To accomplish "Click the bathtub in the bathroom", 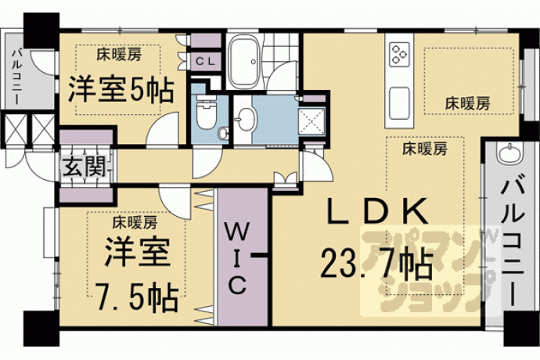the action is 244,62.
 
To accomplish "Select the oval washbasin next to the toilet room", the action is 246,120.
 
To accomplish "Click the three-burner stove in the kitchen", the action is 399,54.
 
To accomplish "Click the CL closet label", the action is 205,61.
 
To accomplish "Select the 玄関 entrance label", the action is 85,167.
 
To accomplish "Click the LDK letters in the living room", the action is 378,211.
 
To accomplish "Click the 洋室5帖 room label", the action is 121,89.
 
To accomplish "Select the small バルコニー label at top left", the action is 16,77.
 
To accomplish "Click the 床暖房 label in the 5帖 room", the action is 119,55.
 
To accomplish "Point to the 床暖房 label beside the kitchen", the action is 467,103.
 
